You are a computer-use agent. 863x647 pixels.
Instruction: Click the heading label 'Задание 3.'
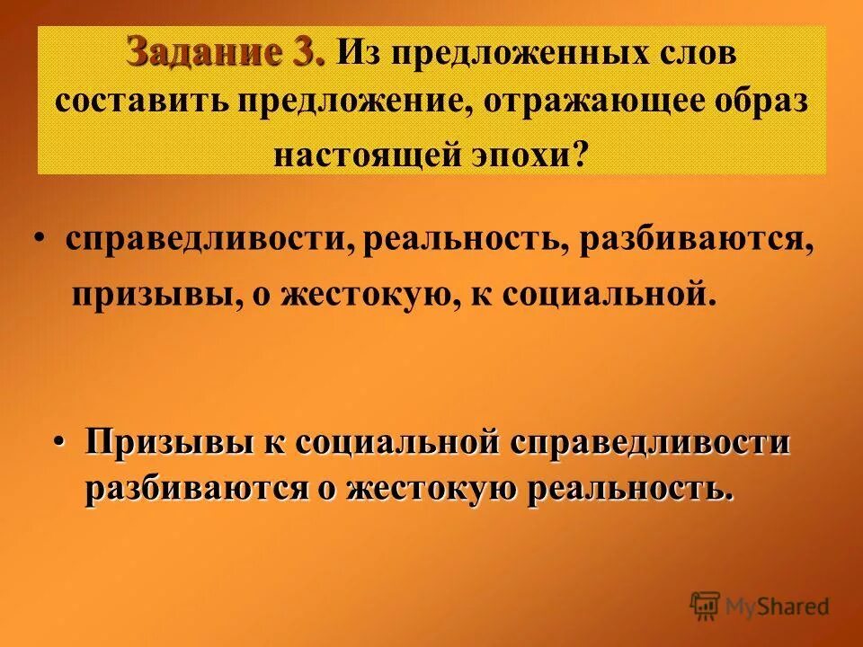click(x=227, y=52)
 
